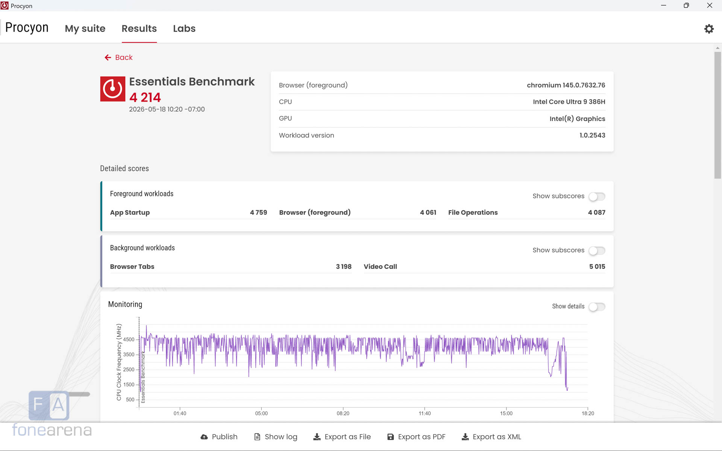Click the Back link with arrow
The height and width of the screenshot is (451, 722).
[x=118, y=58]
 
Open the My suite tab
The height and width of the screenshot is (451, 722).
[x=85, y=29]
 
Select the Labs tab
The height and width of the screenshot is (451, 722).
[x=184, y=29]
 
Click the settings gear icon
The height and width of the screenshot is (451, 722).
[x=709, y=29]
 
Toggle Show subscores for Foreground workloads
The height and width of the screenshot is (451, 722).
[x=597, y=197]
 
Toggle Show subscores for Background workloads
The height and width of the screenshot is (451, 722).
[x=597, y=251]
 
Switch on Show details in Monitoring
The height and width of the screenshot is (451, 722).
[x=597, y=307]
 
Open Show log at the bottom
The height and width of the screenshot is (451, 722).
[x=276, y=437]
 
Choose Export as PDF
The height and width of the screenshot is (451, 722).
[x=416, y=437]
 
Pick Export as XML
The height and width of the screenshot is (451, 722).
[x=491, y=437]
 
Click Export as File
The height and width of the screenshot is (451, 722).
[x=342, y=437]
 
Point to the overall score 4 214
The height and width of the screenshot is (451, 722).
[x=145, y=97]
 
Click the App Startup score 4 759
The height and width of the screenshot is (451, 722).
[x=259, y=212]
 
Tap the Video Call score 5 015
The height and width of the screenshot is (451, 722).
[x=597, y=266]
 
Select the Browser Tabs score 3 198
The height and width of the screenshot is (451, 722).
[x=344, y=266]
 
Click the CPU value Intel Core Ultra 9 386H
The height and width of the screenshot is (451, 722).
[x=569, y=102]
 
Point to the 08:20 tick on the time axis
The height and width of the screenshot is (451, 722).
[x=343, y=413]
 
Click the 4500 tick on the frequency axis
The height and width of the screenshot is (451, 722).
[x=129, y=339]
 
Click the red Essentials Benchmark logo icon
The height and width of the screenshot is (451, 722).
[x=113, y=89]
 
